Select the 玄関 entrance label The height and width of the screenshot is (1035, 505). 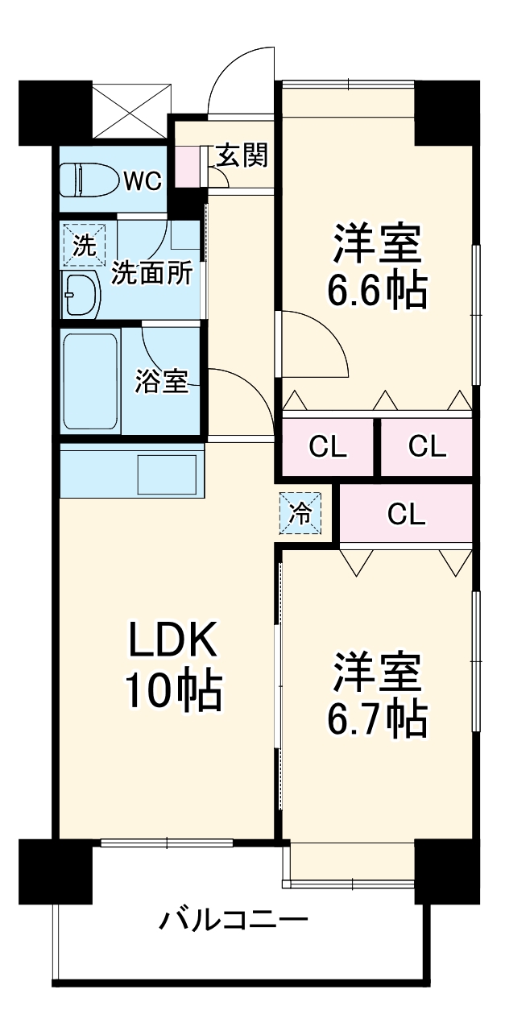click(241, 155)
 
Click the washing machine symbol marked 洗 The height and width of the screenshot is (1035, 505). click(84, 246)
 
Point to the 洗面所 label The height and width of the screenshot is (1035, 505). click(151, 273)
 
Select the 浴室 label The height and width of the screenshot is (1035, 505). click(161, 382)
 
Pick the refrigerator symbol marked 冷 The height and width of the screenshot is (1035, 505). click(300, 513)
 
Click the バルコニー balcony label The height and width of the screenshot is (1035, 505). click(234, 919)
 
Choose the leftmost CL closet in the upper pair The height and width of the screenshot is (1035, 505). click(328, 447)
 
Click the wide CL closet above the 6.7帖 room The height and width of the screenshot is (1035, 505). click(406, 513)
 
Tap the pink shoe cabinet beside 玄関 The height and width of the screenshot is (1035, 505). click(187, 166)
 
